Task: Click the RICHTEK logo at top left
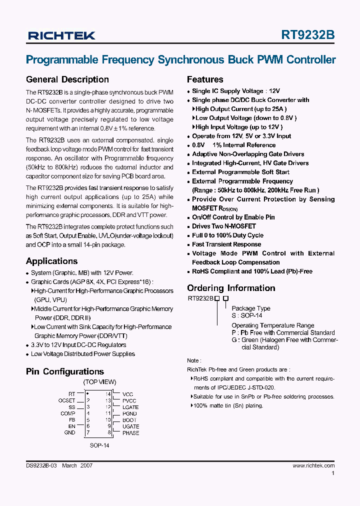pyautogui.click(x=61, y=35)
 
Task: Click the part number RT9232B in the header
pyautogui.click(x=308, y=34)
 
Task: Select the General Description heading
pyautogui.click(x=67, y=79)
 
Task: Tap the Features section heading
pyautogui.click(x=205, y=79)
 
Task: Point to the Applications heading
pyautogui.click(x=51, y=261)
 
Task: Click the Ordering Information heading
pyautogui.click(x=231, y=288)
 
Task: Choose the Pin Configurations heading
pyautogui.click(x=64, y=371)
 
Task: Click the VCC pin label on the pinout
pyautogui.click(x=128, y=394)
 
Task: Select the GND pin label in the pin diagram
pyautogui.click(x=69, y=432)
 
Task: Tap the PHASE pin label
pyautogui.click(x=130, y=432)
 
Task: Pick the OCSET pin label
pyautogui.click(x=66, y=400)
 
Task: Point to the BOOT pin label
pyautogui.click(x=129, y=420)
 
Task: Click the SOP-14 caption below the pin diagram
pyautogui.click(x=99, y=445)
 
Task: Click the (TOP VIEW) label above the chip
pyautogui.click(x=99, y=382)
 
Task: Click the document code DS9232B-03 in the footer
pyautogui.click(x=41, y=465)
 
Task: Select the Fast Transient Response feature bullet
pyautogui.click(x=226, y=244)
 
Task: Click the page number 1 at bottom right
pyautogui.click(x=333, y=473)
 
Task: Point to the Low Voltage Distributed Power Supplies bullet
pyautogui.click(x=83, y=354)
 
